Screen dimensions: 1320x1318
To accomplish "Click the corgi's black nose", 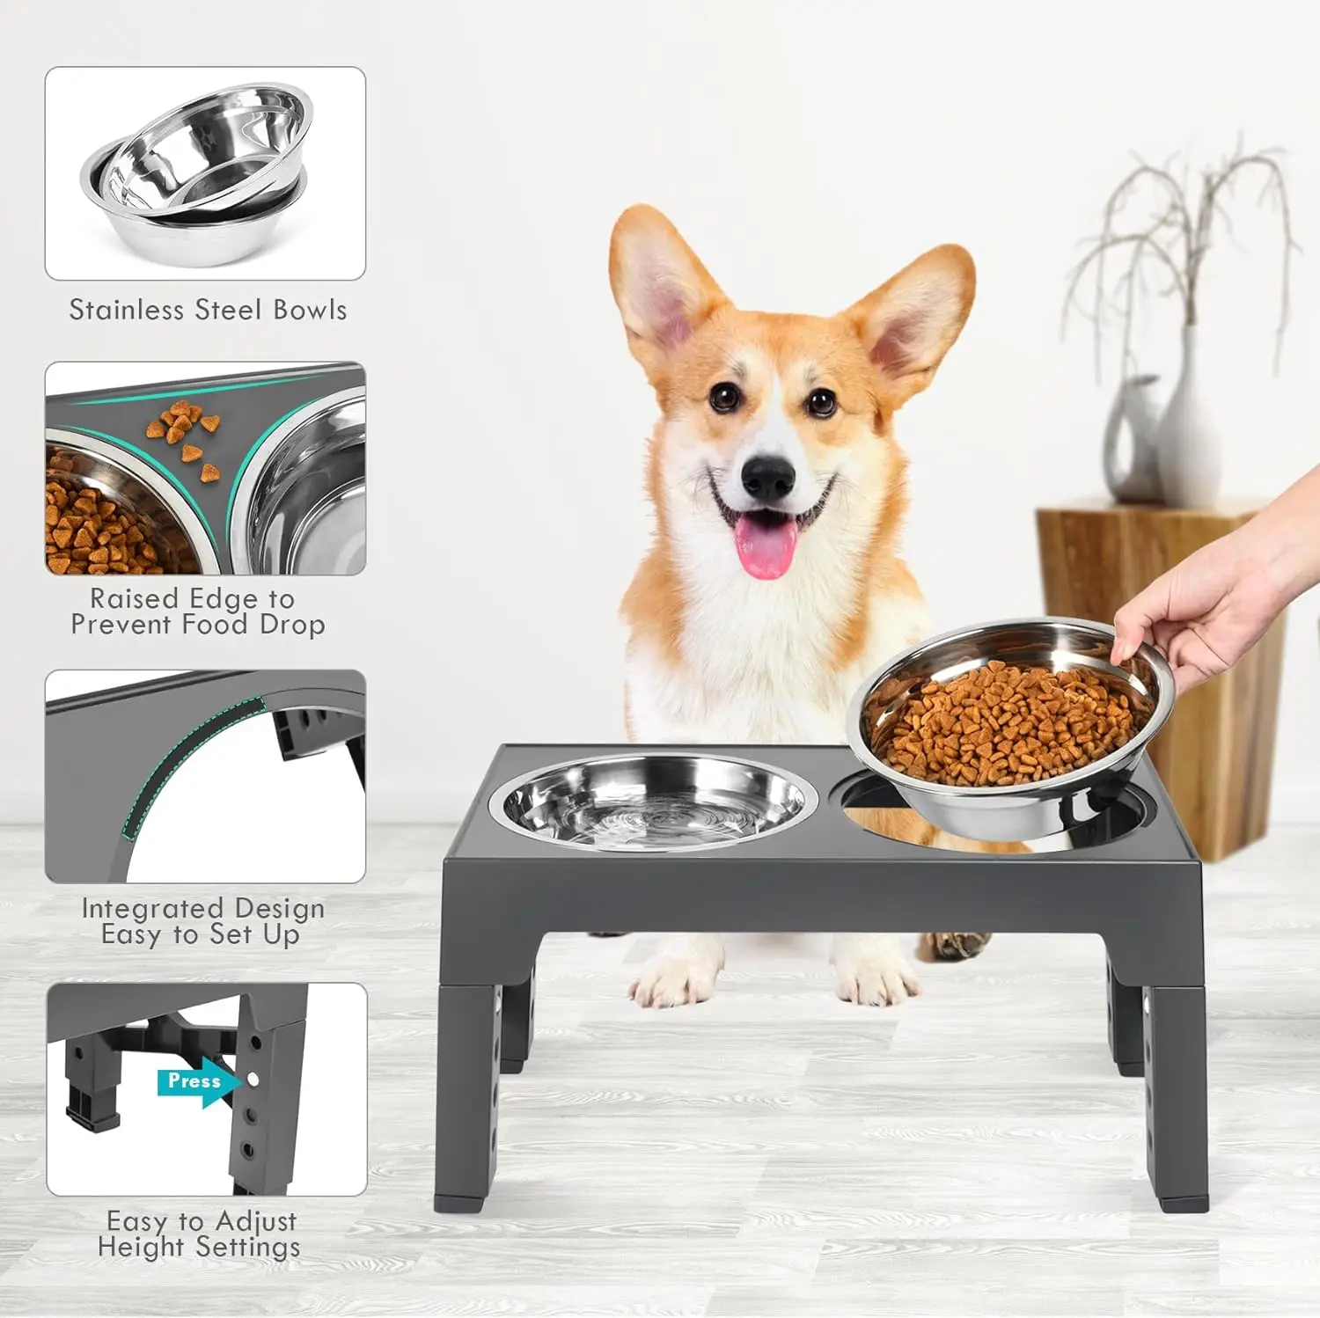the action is (768, 478).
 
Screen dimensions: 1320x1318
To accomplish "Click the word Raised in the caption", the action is (135, 598).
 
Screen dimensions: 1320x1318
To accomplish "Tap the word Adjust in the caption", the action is (256, 1222).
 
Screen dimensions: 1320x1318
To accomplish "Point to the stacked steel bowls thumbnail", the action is (205, 173).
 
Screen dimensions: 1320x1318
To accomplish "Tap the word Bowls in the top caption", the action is (310, 310).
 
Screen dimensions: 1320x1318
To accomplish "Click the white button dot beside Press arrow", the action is (253, 1079).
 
